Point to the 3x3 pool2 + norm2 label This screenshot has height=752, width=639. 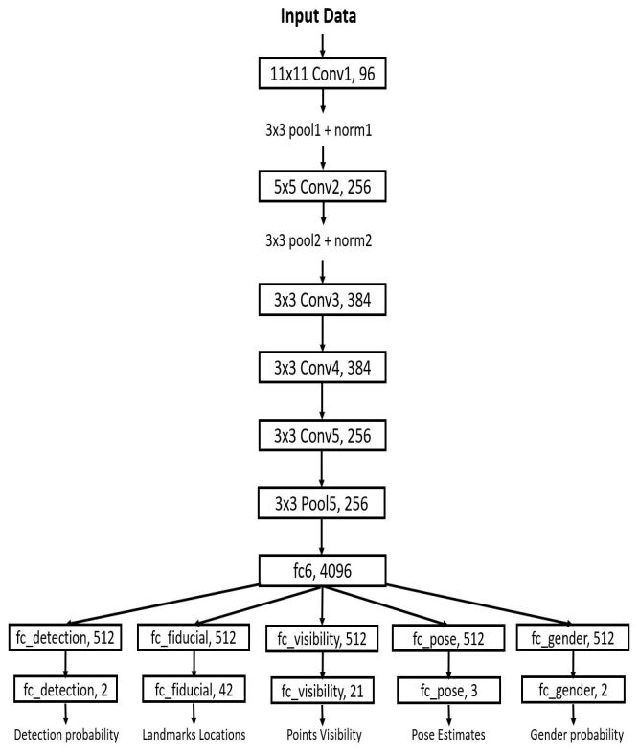[322, 241]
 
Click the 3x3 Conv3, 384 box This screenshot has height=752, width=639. [322, 304]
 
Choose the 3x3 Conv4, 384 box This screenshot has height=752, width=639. [322, 369]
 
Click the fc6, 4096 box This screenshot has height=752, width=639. [322, 574]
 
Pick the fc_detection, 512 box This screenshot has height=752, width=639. [67, 636]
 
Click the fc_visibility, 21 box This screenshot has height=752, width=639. [322, 689]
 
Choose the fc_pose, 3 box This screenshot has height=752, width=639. [449, 689]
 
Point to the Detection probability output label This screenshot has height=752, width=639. [67, 736]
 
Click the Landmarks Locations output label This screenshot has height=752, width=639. [194, 736]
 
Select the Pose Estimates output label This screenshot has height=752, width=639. [449, 736]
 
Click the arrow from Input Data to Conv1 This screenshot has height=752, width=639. [322, 42]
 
